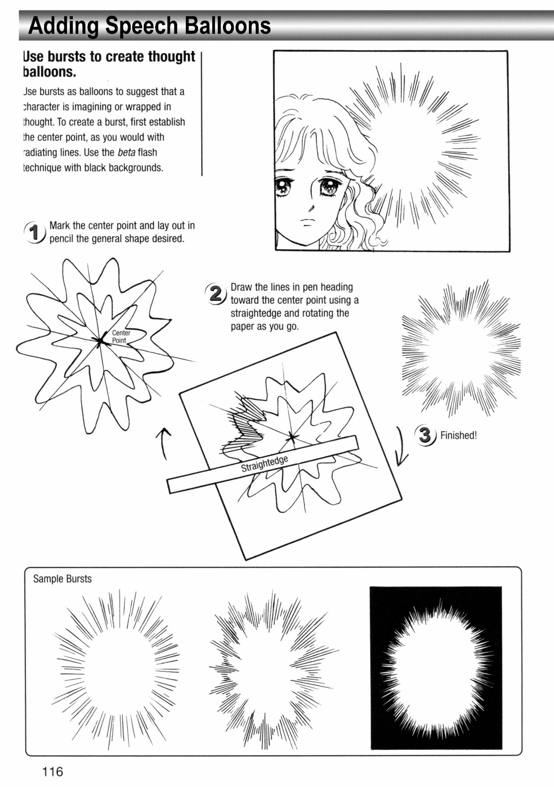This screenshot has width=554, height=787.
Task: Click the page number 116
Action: click(52, 771)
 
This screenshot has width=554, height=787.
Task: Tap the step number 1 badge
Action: click(35, 232)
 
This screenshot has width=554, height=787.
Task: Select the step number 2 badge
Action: click(216, 294)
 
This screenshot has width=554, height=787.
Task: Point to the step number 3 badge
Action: click(425, 435)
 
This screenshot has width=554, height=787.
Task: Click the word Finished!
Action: click(458, 436)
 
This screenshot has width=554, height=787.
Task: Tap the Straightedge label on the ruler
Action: click(264, 463)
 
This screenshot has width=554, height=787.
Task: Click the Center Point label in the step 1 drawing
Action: click(120, 337)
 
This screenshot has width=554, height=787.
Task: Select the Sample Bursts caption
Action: click(62, 579)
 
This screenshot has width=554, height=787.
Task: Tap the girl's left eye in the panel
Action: click(328, 187)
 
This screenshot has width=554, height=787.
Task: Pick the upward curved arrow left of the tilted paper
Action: click(164, 444)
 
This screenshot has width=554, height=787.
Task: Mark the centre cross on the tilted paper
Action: click(292, 438)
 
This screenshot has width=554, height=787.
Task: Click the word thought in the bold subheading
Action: click(171, 57)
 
